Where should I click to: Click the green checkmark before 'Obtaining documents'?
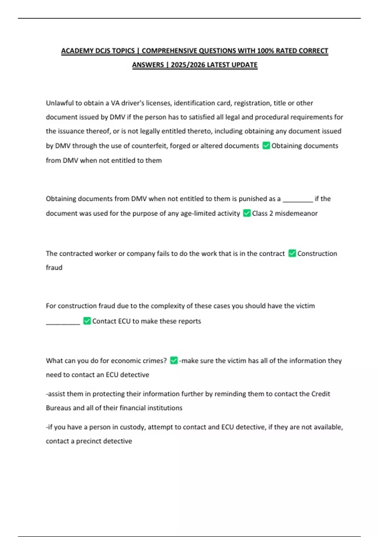click(x=266, y=145)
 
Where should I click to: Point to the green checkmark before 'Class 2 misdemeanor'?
click(x=247, y=213)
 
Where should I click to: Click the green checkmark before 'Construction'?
click(x=292, y=253)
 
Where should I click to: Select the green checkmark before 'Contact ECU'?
click(x=87, y=321)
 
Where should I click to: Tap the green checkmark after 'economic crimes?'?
click(x=174, y=360)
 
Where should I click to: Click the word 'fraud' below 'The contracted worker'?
click(x=54, y=268)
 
